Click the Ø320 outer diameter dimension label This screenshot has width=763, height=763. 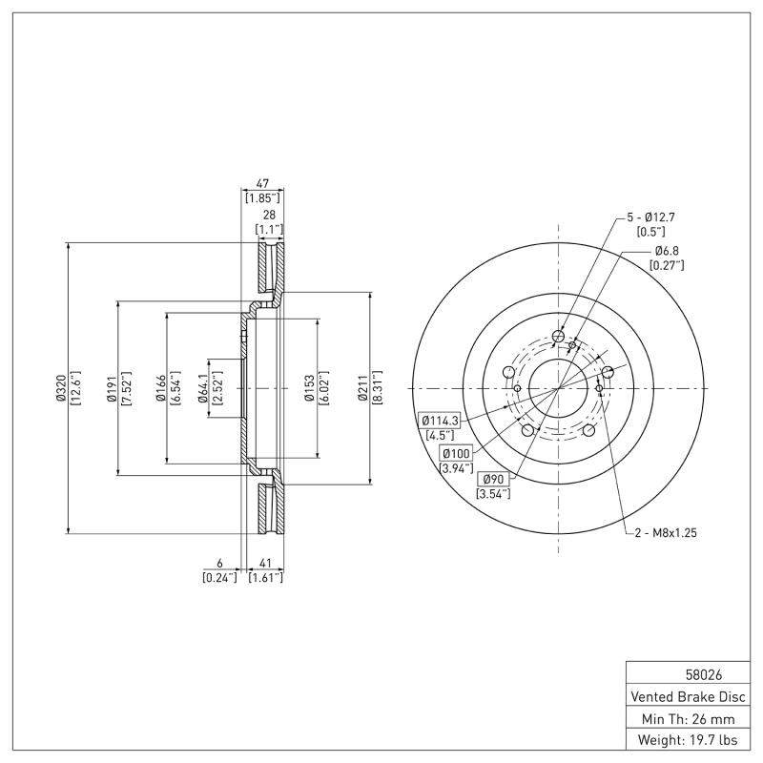click(60, 388)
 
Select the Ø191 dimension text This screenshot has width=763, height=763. click(111, 388)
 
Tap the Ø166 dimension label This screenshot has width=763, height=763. click(160, 388)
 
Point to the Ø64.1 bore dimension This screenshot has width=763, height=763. click(203, 388)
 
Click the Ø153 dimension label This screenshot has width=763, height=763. click(309, 388)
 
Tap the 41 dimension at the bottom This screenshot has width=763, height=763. click(265, 564)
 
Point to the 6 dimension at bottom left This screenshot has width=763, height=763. click(218, 564)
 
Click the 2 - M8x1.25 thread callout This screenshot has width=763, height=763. click(666, 533)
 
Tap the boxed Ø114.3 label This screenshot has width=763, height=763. click(439, 420)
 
